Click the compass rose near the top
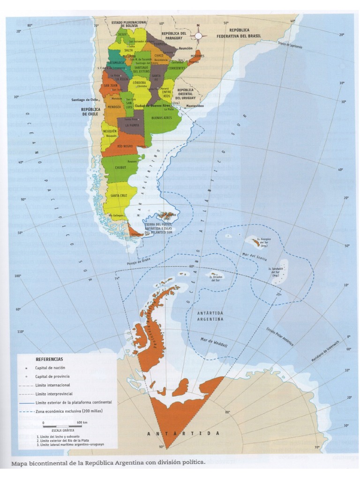coord(198,35)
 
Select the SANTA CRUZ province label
coord(118,195)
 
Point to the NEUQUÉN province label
coord(111,131)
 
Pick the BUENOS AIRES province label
coord(161,118)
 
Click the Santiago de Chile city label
coord(84,100)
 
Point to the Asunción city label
coord(185,48)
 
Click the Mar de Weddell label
coord(214,342)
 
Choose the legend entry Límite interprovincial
coord(56,394)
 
